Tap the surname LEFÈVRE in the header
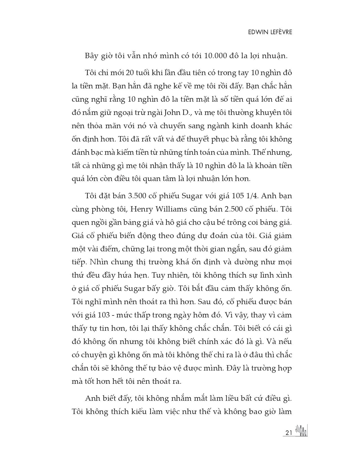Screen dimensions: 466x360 point(278,32)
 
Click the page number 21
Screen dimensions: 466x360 point(289,433)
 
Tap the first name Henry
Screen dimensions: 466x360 point(141,209)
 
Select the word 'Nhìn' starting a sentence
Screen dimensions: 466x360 point(96,262)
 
